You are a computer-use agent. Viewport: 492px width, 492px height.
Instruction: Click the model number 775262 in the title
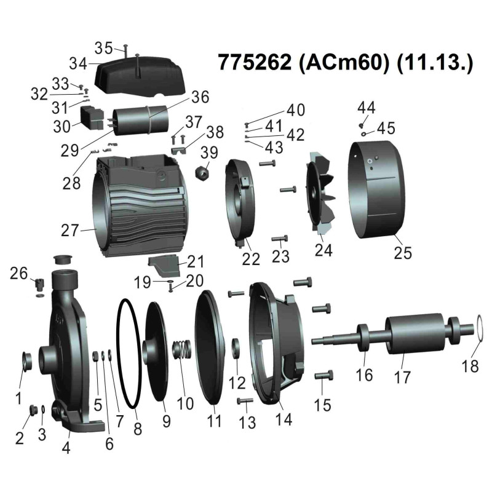tap(255, 62)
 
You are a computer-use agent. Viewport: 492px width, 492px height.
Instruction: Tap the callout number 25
tap(403, 253)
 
